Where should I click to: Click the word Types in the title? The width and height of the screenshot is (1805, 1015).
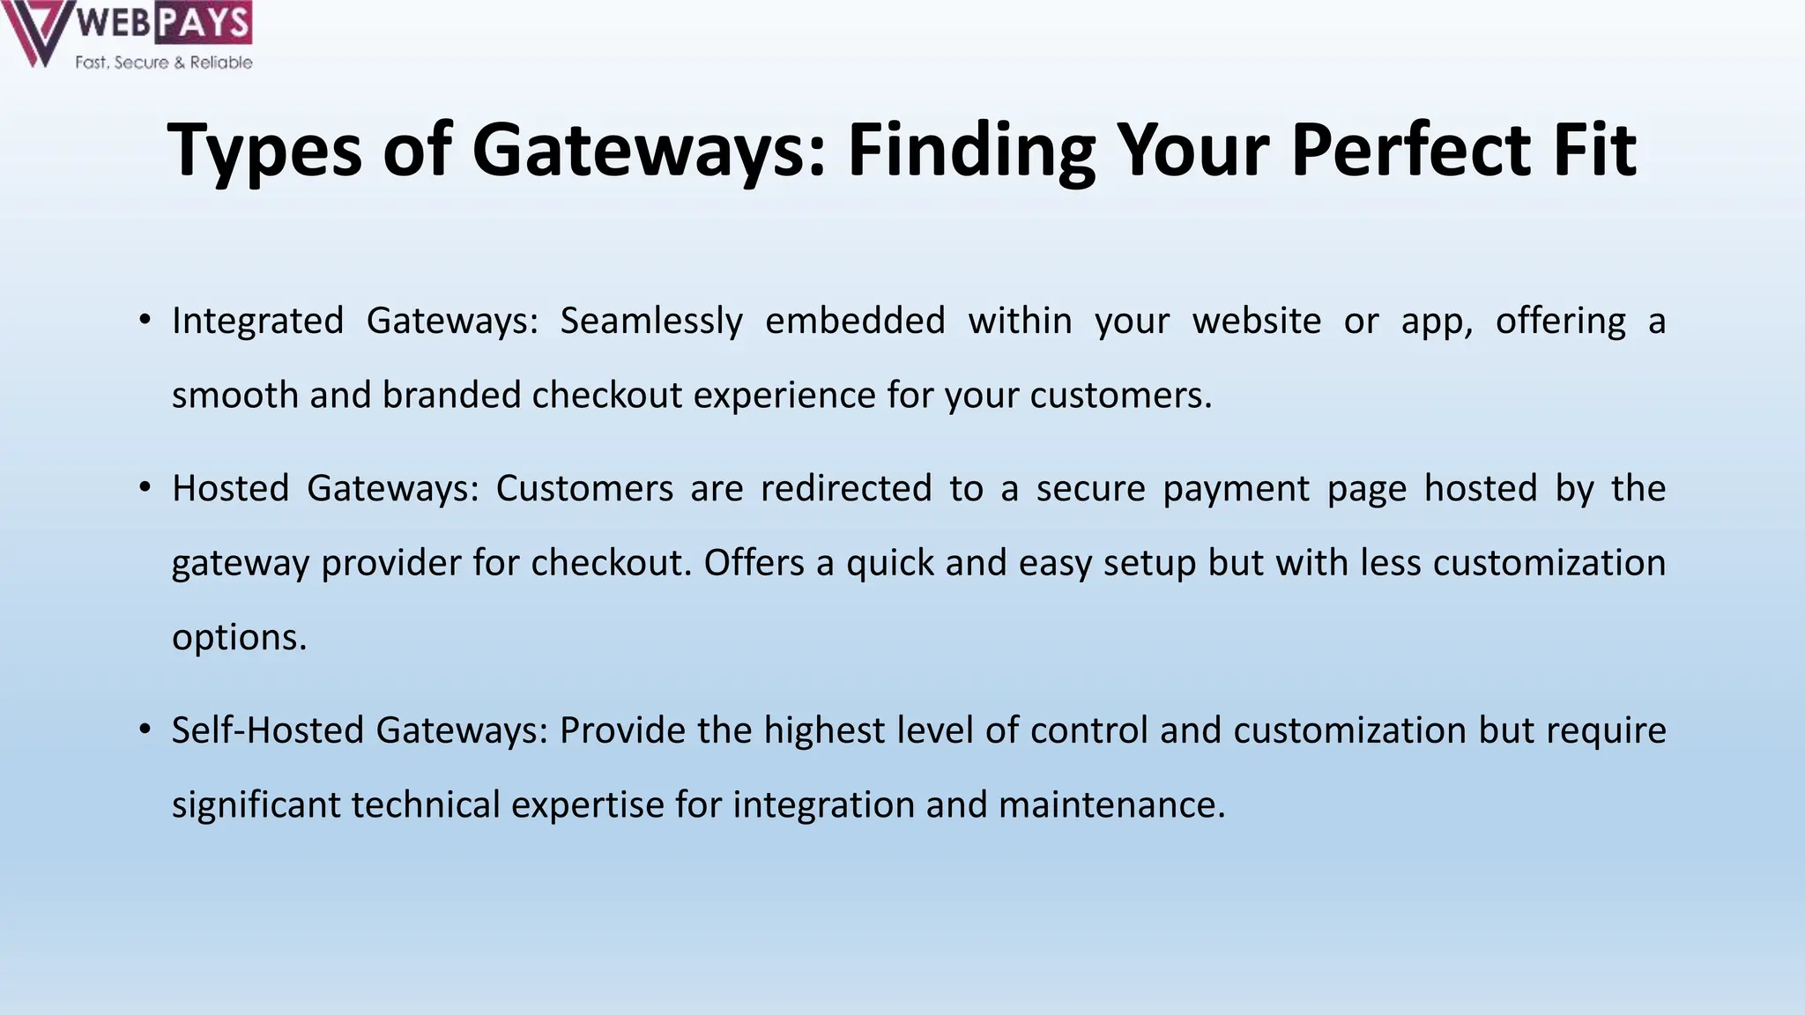pos(264,152)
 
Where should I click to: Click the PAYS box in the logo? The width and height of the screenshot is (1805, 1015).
pos(204,22)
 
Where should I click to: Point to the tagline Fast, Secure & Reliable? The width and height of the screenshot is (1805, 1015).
pos(164,63)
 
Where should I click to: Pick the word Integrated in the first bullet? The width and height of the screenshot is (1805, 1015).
pos(257,321)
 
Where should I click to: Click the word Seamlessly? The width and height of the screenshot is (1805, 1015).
pos(651,321)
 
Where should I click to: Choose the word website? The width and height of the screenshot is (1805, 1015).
pos(1257,321)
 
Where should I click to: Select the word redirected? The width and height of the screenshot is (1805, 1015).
pos(846,488)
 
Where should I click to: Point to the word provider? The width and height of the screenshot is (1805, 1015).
pos(390,563)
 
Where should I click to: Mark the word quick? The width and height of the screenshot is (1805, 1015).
pos(890,563)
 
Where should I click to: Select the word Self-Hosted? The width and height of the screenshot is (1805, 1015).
pos(268,730)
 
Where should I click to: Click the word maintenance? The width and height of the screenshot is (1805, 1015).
pos(1111,805)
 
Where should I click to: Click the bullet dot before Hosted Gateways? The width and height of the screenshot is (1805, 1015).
pos(145,486)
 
